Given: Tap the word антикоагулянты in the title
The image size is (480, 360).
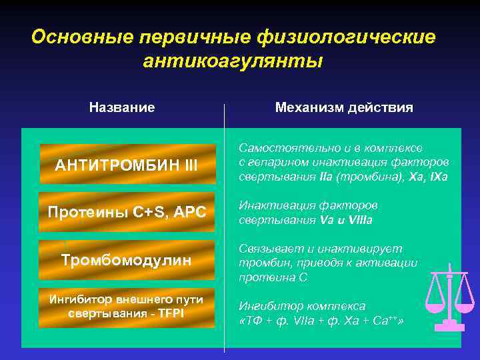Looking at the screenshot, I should [x=233, y=61].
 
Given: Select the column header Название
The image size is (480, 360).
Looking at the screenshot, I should [x=122, y=107].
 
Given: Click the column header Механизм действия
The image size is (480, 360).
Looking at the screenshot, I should [x=344, y=107].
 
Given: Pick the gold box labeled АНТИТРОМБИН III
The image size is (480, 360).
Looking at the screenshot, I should [x=127, y=165].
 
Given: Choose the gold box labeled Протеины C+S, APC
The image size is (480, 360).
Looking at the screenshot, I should [x=127, y=212].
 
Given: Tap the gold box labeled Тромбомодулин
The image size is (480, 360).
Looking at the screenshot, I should [x=127, y=259].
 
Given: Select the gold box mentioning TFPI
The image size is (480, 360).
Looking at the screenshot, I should [x=127, y=307].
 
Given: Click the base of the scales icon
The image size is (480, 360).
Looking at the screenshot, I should [x=449, y=326].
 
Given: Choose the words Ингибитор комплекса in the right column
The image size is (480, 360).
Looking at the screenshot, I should [x=302, y=306].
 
